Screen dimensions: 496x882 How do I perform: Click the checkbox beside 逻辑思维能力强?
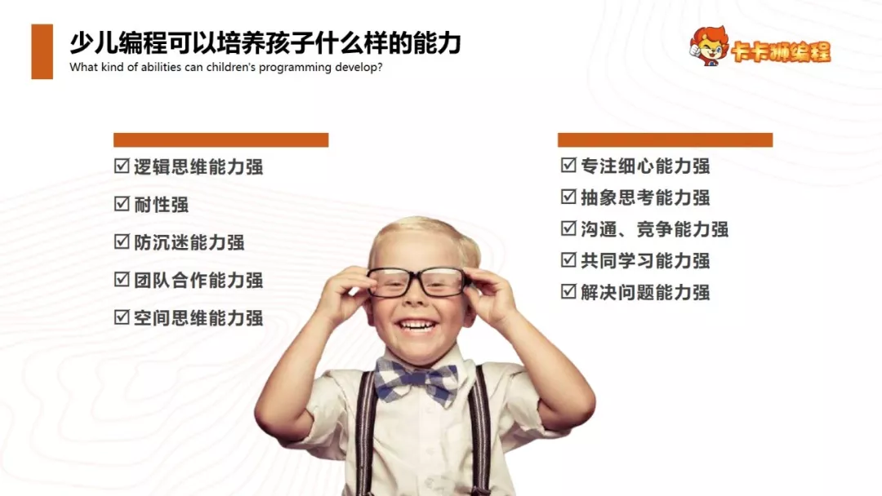pos(122,166)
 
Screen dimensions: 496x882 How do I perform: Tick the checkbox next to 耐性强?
pos(122,204)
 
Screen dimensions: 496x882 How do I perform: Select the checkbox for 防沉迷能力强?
pos(122,241)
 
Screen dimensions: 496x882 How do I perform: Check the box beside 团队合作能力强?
pos(122,280)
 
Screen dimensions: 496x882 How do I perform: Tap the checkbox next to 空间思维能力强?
pos(122,317)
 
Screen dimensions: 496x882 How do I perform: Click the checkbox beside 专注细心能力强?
pos(568,166)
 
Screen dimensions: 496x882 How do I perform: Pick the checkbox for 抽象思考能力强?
pos(568,197)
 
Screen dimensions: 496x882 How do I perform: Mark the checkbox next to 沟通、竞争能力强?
pos(568,228)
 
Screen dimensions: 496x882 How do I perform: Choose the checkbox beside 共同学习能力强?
pos(568,260)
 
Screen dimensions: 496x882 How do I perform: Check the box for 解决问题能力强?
pos(568,291)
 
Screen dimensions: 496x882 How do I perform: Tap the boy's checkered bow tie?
pos(417,379)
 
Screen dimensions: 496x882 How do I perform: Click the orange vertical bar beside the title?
pos(42,51)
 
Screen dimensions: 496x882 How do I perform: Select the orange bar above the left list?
pos(220,140)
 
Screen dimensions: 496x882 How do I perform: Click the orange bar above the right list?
pos(665,140)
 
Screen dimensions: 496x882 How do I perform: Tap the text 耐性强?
pos(162,204)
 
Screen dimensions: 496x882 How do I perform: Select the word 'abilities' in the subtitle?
pos(152,68)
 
